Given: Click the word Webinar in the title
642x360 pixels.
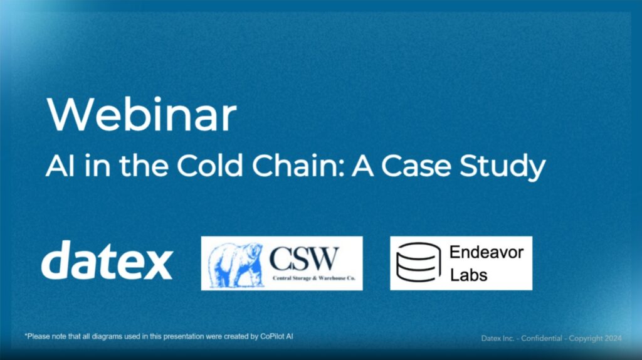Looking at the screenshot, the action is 142,114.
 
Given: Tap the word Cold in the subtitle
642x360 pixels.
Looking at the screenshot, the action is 210,166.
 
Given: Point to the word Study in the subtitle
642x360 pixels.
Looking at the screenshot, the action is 502,167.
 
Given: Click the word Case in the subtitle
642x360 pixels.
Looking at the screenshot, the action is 416,166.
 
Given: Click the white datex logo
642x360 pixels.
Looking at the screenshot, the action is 107,260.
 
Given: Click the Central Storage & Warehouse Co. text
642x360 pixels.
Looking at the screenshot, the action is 313,278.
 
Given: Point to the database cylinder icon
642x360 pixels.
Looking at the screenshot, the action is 418,262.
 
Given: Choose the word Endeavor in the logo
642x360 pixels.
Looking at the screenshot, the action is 487,252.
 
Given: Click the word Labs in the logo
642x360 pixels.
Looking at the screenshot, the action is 469,275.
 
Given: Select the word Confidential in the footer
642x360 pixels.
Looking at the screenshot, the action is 541,338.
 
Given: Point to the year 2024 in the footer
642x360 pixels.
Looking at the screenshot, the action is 613,338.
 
